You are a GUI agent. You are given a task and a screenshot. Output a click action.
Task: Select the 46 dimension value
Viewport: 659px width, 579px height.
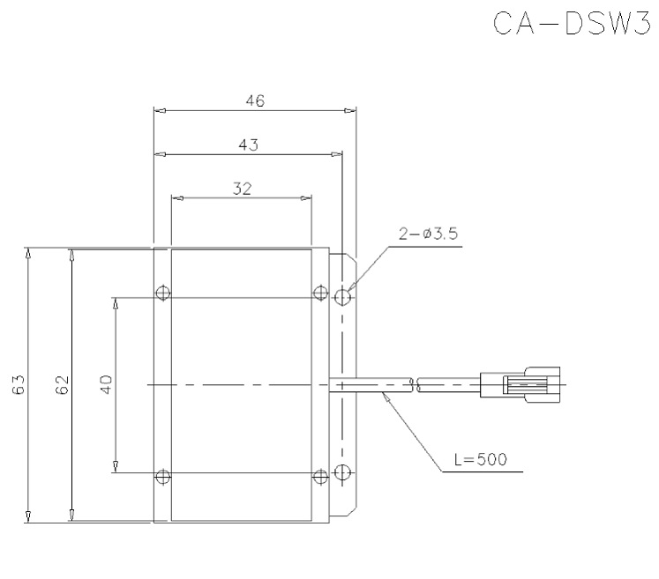[x=255, y=100]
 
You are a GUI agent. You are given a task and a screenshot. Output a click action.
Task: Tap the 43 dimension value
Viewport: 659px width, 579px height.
[x=248, y=145]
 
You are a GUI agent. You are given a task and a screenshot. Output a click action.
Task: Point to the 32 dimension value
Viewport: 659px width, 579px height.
[x=241, y=188]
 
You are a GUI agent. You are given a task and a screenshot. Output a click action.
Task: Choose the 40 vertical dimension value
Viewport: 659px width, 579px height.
[x=105, y=384]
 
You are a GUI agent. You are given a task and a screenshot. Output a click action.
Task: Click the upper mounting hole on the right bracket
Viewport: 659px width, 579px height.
[x=344, y=297]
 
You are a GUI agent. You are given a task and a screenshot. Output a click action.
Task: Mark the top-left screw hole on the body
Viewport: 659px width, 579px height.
[x=161, y=293]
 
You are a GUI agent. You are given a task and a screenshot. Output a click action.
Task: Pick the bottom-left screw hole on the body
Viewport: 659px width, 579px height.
[x=161, y=477]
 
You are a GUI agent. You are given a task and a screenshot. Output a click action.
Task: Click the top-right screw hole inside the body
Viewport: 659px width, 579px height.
[x=320, y=293]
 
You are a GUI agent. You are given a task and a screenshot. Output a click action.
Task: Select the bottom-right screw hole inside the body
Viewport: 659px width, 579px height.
[x=320, y=477]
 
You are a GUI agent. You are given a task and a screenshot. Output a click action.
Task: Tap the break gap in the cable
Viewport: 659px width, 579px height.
[x=415, y=384]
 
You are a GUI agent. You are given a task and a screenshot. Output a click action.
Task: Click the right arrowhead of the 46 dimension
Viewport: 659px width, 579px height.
[x=352, y=111]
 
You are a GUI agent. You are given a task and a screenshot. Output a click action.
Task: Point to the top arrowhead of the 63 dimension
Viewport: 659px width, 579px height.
[x=29, y=254]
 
